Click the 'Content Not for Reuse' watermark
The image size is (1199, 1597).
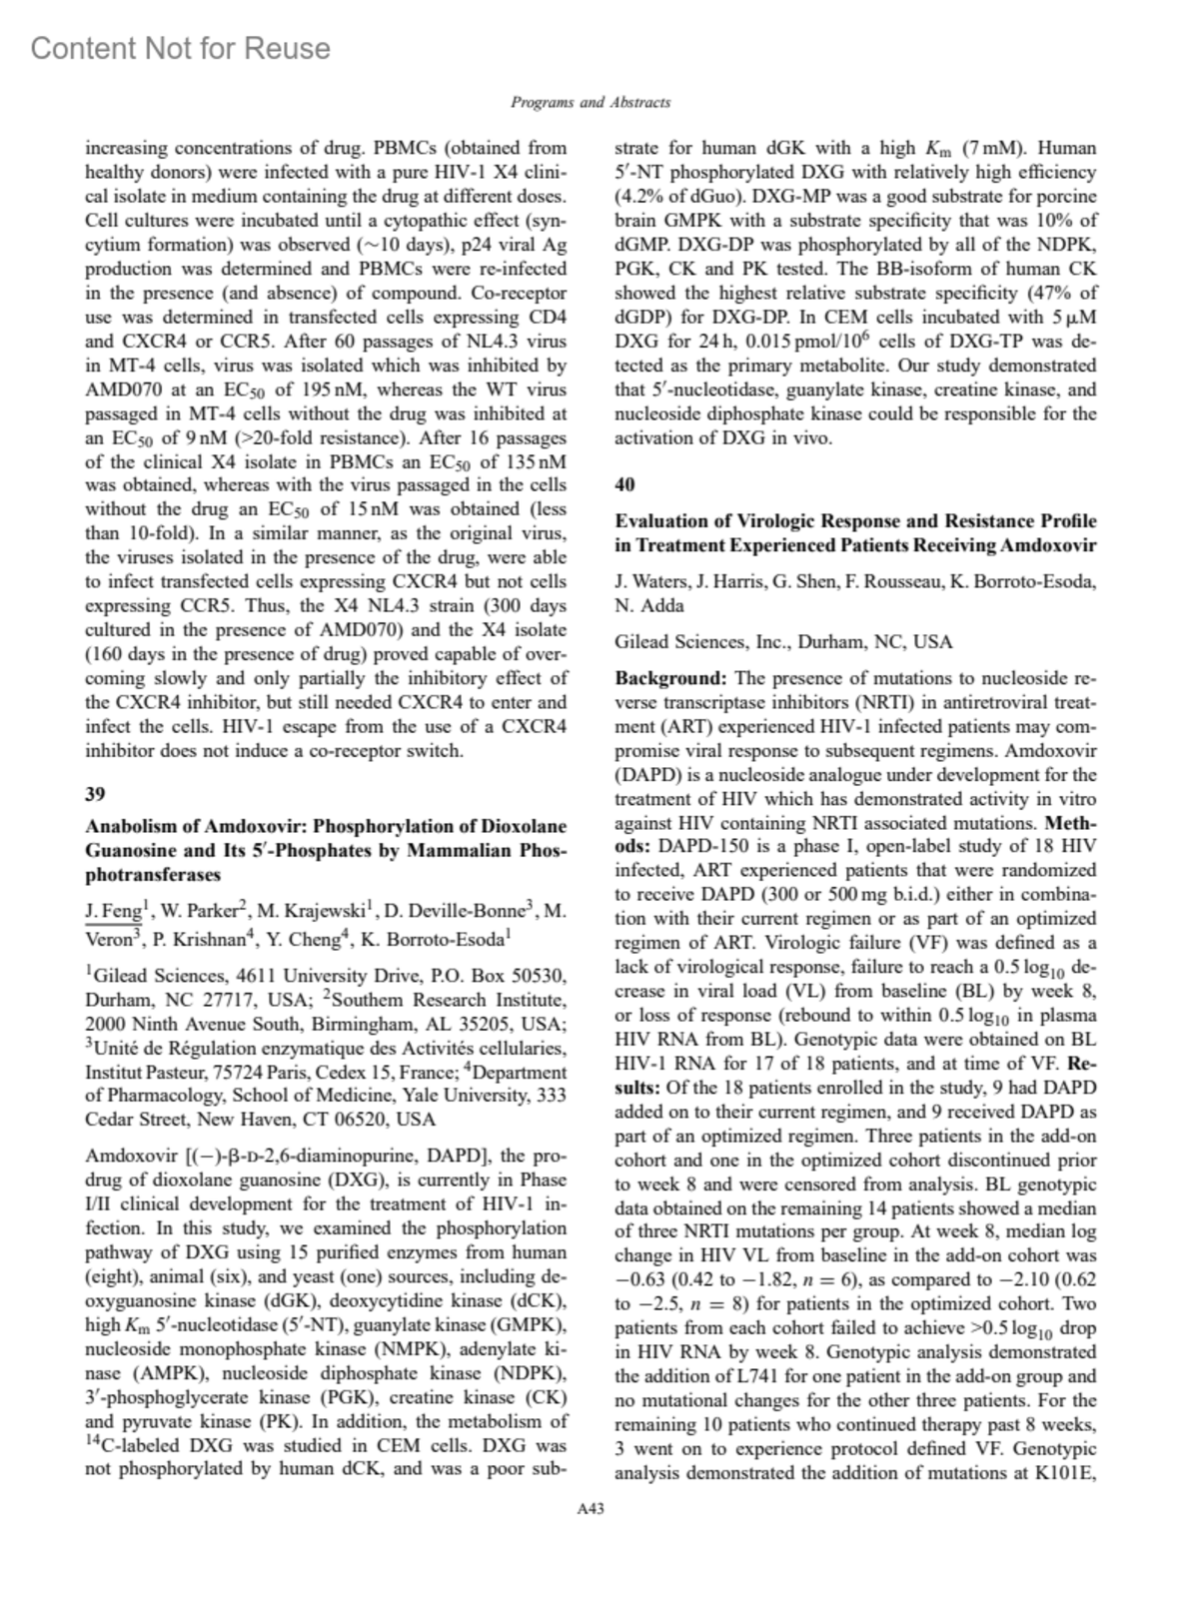[181, 48]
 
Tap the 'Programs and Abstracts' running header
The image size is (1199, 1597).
[590, 102]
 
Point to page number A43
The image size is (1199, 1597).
[590, 1509]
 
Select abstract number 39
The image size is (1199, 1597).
[95, 794]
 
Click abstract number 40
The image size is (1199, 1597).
[624, 484]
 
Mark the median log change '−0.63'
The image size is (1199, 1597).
[640, 1279]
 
